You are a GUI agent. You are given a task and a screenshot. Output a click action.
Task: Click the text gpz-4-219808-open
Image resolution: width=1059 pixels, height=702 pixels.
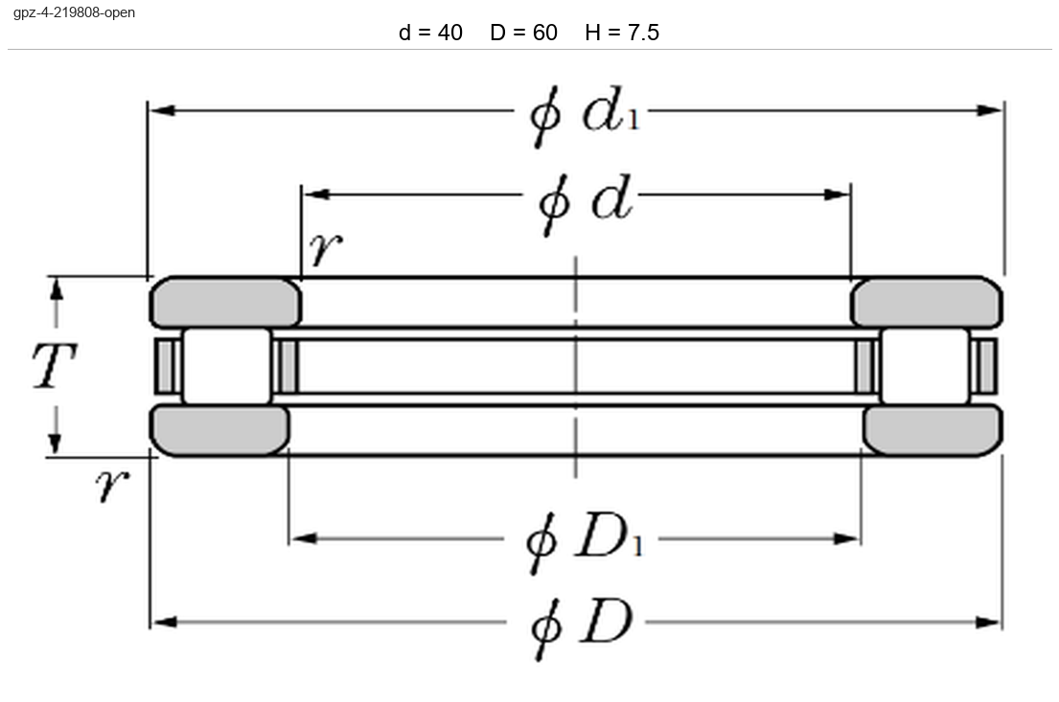75,12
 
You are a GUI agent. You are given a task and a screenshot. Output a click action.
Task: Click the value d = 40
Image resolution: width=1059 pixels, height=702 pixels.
430,33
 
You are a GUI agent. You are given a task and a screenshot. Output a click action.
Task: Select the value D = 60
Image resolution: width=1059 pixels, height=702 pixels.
523,33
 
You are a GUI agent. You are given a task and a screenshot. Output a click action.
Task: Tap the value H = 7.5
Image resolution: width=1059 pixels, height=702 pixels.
622,33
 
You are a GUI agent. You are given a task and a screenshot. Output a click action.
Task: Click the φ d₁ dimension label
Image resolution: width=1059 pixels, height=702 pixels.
585,116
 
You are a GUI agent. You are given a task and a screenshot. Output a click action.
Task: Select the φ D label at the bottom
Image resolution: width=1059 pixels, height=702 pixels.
582,628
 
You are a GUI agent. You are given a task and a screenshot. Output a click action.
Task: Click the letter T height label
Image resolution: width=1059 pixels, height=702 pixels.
55,365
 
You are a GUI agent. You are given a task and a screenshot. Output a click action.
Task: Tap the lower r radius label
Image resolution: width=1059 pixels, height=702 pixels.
112,485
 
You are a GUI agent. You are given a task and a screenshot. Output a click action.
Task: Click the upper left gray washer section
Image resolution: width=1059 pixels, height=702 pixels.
225,303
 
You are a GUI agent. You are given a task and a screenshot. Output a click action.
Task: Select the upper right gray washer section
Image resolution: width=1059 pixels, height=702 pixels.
927,303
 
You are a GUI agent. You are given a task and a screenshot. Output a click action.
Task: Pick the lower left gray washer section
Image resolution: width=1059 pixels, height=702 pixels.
219,430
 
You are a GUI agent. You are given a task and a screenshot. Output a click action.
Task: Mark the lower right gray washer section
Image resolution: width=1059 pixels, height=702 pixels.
932,430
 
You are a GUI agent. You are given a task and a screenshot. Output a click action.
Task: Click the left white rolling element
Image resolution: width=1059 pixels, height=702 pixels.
227,367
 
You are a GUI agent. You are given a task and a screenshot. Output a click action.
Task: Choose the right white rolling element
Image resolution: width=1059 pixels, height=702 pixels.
925,367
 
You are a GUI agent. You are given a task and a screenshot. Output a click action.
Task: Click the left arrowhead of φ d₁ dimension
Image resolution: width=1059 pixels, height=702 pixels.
162,110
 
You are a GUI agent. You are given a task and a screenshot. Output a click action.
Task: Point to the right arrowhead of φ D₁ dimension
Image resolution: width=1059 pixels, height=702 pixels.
846,538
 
